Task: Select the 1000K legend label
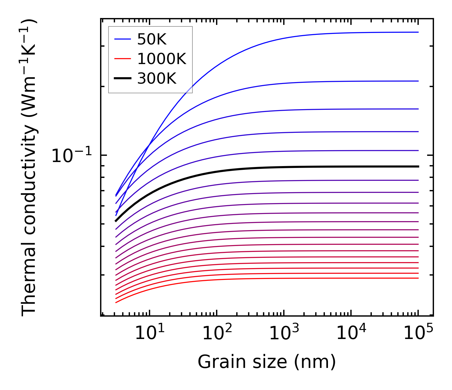click(x=161, y=59)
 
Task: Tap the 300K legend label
click(x=156, y=79)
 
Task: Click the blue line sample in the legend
click(x=122, y=39)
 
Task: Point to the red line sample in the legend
click(x=122, y=59)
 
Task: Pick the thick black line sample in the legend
click(x=122, y=79)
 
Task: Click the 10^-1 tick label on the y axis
click(x=72, y=156)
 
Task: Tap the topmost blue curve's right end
click(x=418, y=32)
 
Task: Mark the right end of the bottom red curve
click(x=418, y=278)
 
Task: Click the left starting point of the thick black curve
click(x=116, y=221)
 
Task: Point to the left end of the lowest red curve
click(x=116, y=302)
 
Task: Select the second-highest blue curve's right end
click(x=418, y=81)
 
